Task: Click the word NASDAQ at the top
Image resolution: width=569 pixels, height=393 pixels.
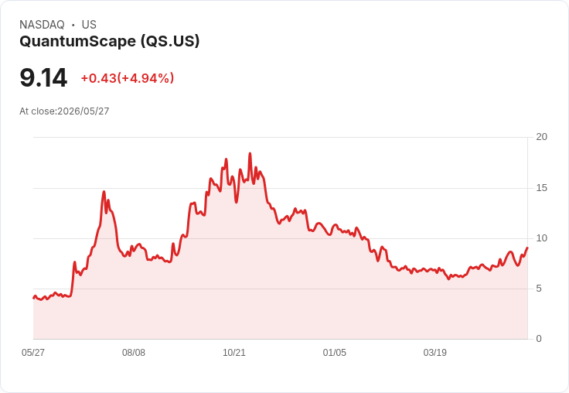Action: point(42,25)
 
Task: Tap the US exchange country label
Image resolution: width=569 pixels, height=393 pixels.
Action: point(89,25)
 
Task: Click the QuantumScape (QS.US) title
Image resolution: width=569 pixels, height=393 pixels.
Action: point(110,41)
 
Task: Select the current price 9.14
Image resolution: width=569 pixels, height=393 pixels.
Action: point(43,77)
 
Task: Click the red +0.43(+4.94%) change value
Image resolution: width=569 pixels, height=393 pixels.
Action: point(128,78)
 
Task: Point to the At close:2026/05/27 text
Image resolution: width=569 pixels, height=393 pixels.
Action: point(64,111)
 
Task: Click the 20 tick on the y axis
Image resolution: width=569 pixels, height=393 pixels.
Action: point(541,137)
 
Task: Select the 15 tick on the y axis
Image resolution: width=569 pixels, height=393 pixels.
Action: point(541,188)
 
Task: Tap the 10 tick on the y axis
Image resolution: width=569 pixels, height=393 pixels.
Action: point(541,238)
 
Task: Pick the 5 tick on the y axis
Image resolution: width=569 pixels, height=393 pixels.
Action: point(539,289)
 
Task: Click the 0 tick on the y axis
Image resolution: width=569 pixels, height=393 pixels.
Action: point(539,339)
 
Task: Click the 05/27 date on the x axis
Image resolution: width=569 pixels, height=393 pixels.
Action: point(33,353)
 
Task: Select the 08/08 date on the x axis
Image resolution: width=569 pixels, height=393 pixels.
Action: point(134,353)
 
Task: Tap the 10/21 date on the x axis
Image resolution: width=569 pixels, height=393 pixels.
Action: point(234,353)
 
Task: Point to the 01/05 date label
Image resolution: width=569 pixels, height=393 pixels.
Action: point(335,353)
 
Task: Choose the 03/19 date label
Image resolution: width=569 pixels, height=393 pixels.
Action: point(435,353)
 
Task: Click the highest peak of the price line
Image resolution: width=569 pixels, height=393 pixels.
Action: point(250,154)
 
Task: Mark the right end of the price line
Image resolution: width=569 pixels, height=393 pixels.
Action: point(527,248)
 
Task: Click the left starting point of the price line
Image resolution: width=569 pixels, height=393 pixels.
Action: point(34,298)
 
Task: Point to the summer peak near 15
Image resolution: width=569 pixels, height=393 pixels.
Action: point(104,191)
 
